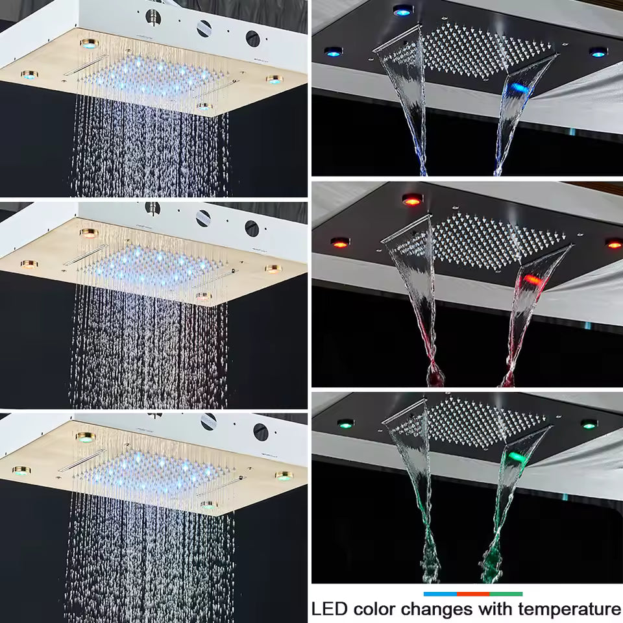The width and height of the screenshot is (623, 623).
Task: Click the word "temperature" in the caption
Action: click(566, 609)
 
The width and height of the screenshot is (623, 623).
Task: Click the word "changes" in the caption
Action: click(437, 609)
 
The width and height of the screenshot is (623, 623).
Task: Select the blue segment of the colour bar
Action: click(439, 594)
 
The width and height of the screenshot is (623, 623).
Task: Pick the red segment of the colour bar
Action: click(472, 594)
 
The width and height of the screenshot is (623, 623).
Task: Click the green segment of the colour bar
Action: click(506, 594)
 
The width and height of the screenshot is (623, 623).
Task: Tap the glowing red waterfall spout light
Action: click(531, 280)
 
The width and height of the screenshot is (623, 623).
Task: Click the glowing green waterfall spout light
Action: click(516, 457)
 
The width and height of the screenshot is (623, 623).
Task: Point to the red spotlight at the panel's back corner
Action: click(411, 199)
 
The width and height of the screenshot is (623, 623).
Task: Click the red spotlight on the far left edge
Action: click(339, 243)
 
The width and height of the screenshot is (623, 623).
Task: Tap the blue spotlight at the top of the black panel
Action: click(402, 10)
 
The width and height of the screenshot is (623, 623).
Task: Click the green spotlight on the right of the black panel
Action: click(589, 424)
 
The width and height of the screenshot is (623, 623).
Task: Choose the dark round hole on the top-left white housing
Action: click(252, 38)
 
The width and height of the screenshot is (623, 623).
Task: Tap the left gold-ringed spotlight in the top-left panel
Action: click(28, 75)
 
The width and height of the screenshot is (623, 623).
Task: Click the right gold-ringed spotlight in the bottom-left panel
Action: click(283, 476)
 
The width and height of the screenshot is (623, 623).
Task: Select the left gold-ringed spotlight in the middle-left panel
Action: click(28, 264)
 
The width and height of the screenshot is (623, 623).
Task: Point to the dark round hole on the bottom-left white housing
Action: click(260, 429)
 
